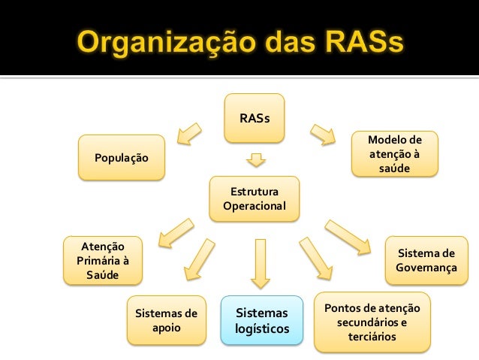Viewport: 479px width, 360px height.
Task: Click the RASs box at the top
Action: pyautogui.click(x=255, y=118)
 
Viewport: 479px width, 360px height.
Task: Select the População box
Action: pyautogui.click(x=121, y=158)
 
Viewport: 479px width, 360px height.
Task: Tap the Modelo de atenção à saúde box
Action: pyautogui.click(x=395, y=154)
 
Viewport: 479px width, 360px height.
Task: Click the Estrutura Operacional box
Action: pyautogui.click(x=255, y=198)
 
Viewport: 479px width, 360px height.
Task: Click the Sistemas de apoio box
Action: pyautogui.click(x=166, y=319)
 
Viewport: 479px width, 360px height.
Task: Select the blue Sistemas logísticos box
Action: pyautogui.click(x=262, y=320)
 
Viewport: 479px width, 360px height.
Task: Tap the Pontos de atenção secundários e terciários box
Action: pyautogui.click(x=372, y=322)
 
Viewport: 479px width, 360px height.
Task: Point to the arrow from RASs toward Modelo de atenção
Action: pyautogui.click(x=324, y=134)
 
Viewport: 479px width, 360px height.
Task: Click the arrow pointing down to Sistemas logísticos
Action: pyautogui.click(x=261, y=263)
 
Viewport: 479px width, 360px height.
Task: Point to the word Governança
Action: pyautogui.click(x=426, y=268)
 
